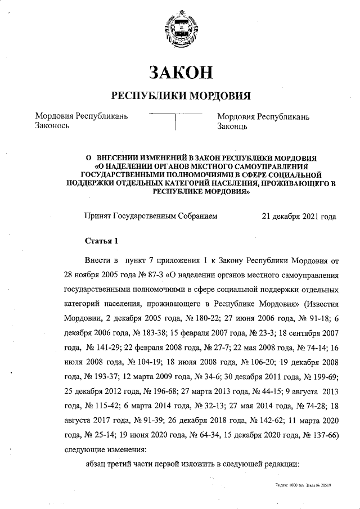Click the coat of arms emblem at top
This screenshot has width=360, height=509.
pos(181,29)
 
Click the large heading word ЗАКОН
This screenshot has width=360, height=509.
pos(181,73)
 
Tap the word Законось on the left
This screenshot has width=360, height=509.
pos(52,127)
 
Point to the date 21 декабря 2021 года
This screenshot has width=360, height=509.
pos(299,215)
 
